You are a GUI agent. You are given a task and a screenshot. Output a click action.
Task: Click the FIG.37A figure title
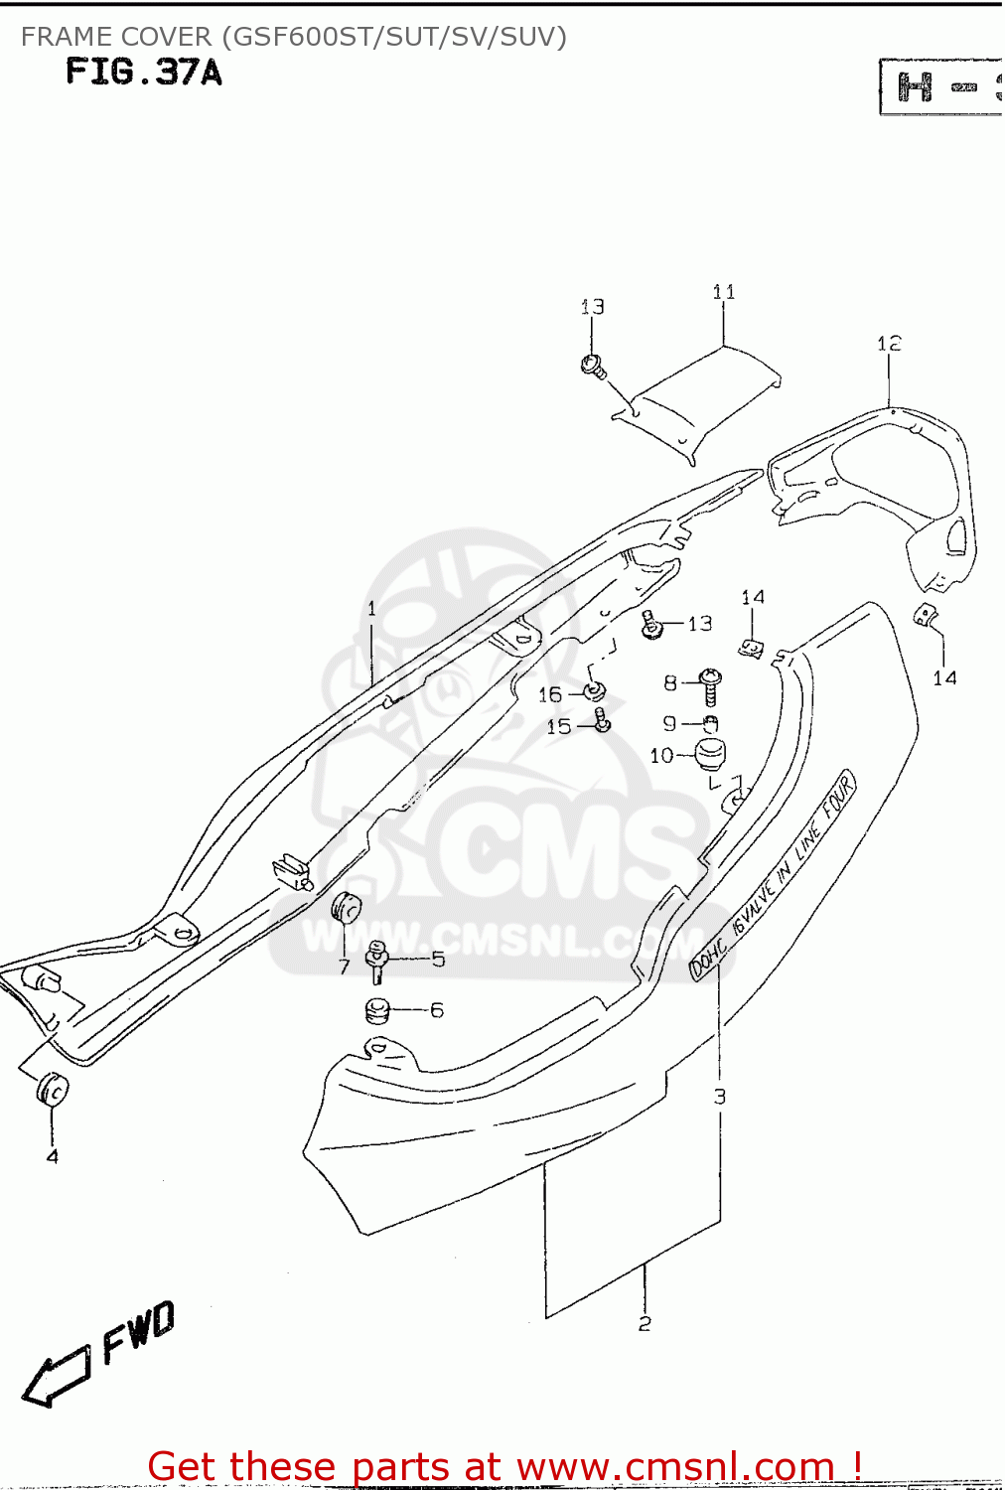144,73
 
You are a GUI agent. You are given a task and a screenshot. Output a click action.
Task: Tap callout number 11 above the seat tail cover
724,292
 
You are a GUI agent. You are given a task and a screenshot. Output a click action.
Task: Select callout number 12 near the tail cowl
889,344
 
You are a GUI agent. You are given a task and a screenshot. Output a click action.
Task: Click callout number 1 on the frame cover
371,609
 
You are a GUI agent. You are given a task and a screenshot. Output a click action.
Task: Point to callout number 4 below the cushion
53,1156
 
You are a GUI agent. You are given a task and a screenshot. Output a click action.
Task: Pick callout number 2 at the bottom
645,1324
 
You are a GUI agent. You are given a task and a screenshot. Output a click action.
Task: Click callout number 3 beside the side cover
720,1097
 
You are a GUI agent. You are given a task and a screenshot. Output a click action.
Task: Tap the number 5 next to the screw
438,960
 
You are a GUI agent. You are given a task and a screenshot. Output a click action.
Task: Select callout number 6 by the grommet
437,1010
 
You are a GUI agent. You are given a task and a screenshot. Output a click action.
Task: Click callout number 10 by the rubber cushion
661,756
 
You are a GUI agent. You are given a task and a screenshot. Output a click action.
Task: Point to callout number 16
550,694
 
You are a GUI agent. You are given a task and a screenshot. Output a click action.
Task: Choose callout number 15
559,727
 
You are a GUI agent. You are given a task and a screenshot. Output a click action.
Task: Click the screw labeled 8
710,685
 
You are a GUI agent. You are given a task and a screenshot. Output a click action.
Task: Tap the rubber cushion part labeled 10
709,755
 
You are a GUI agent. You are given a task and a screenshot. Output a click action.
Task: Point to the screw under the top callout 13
594,366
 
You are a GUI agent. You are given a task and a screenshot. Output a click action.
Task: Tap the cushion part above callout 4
52,1089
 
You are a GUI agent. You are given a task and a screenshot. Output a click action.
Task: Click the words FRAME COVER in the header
116,37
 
